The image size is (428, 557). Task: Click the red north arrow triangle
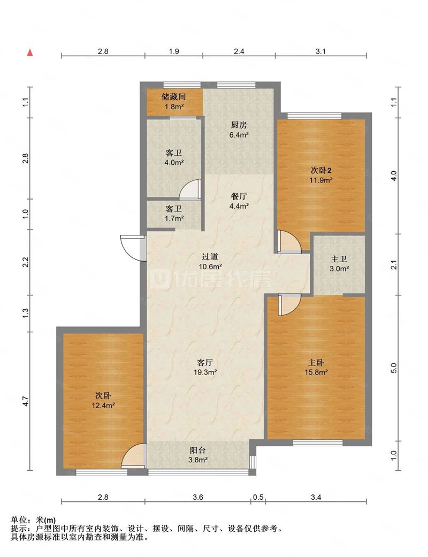[30, 52]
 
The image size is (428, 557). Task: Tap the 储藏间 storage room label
[174, 97]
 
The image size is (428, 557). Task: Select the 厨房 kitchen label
[239, 125]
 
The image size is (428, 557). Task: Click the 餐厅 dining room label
[239, 196]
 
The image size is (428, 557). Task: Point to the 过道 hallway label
[210, 256]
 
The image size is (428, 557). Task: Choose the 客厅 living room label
[205, 363]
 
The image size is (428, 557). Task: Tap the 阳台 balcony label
[198, 451]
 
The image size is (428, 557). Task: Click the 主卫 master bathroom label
[339, 260]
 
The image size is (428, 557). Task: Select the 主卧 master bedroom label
[316, 363]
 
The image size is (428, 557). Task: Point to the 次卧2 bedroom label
[321, 171]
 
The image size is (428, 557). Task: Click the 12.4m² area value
[103, 406]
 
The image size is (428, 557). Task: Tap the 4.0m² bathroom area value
[174, 163]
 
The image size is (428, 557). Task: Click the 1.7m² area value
[174, 218]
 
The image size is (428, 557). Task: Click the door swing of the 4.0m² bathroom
[190, 189]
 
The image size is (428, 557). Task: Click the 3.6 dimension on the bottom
[198, 497]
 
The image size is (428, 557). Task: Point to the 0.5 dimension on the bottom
[258, 497]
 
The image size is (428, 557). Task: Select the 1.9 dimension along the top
[174, 51]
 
